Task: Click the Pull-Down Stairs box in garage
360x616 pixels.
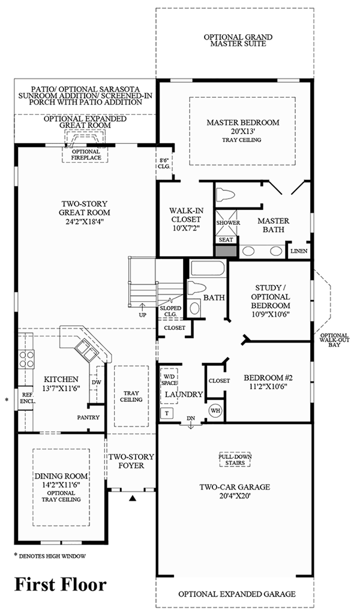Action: point(235,459)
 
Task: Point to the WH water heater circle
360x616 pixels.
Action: point(215,411)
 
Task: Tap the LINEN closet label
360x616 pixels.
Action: point(299,250)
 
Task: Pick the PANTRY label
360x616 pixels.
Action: point(88,417)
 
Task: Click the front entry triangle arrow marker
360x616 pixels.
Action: point(133,498)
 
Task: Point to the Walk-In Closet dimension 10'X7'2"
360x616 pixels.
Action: point(185,228)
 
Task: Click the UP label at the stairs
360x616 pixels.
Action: point(142,314)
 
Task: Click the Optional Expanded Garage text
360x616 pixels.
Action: point(236,594)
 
